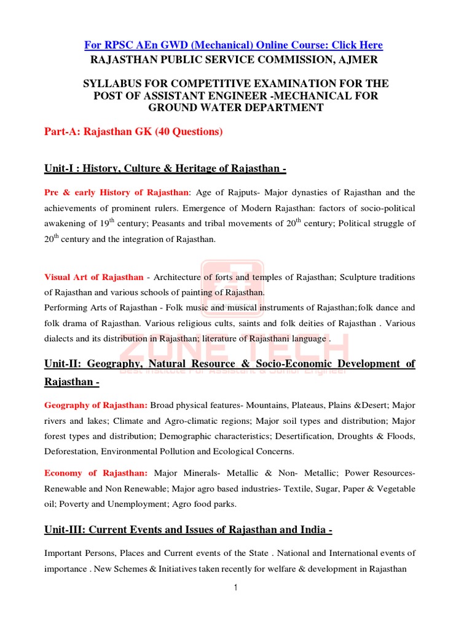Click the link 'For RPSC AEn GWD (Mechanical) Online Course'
pos(233,45)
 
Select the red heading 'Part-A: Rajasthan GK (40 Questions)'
pos(133,131)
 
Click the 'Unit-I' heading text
pos(60,169)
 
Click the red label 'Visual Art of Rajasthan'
pos(93,277)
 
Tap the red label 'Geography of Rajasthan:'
pos(96,405)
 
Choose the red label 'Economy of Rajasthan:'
pos(96,473)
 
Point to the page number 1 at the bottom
pos(235,588)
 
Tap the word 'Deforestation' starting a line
pos(71,451)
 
